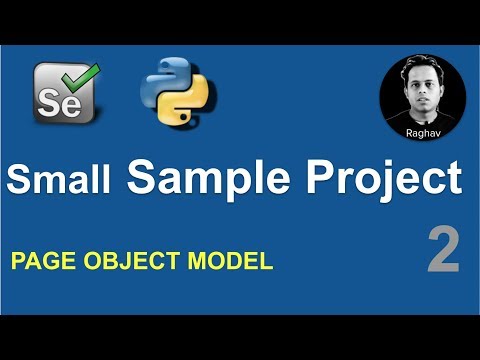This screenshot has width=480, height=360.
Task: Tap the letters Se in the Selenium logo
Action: click(x=54, y=99)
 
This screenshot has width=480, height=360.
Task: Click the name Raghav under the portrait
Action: click(x=422, y=130)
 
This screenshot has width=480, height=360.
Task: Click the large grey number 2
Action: click(x=443, y=249)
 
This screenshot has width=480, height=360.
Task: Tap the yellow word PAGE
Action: click(x=40, y=263)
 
